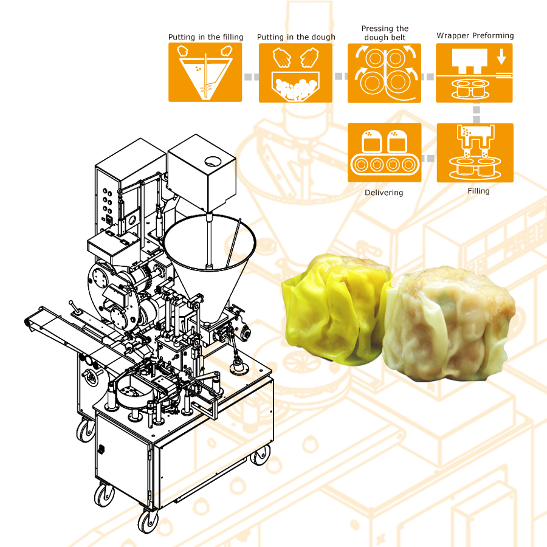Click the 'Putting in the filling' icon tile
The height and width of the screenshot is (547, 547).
(x=205, y=72)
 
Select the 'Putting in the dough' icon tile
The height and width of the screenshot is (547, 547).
(x=295, y=73)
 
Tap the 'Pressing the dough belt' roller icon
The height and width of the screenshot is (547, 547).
(x=385, y=73)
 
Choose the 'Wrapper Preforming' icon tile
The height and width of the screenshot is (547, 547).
(x=474, y=73)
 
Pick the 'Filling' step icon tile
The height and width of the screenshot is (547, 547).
(x=475, y=153)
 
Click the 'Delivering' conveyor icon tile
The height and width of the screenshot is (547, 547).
(x=385, y=153)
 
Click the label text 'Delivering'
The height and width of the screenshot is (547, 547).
(x=384, y=193)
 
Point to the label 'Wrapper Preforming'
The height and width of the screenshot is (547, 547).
(x=475, y=36)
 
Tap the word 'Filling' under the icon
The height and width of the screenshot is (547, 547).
(x=478, y=191)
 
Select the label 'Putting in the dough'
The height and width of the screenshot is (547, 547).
(x=296, y=37)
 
